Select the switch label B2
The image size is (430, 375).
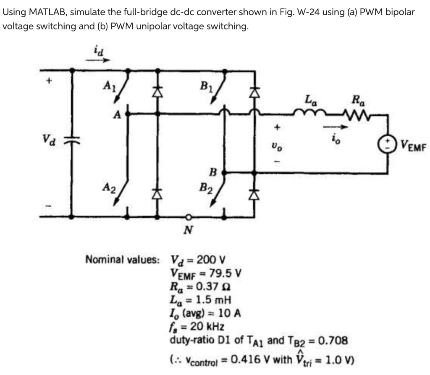click(206, 190)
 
